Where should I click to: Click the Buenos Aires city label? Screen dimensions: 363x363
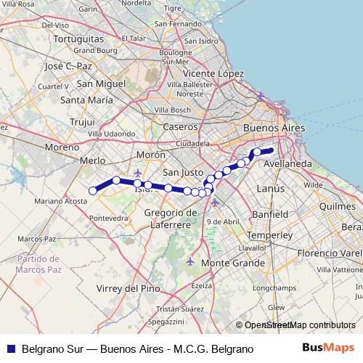point(274,128)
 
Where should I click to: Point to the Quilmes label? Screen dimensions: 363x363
point(338,206)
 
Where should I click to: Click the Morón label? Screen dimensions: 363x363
point(151,155)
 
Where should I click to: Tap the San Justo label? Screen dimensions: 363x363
point(182,172)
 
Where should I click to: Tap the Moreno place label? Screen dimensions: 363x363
point(61,147)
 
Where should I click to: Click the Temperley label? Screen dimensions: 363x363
point(269,236)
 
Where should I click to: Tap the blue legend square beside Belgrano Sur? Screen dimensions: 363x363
point(9,348)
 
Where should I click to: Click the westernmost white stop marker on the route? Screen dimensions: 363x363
point(93,191)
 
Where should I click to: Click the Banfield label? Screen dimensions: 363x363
point(270,215)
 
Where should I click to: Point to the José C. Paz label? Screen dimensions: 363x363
point(68,66)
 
